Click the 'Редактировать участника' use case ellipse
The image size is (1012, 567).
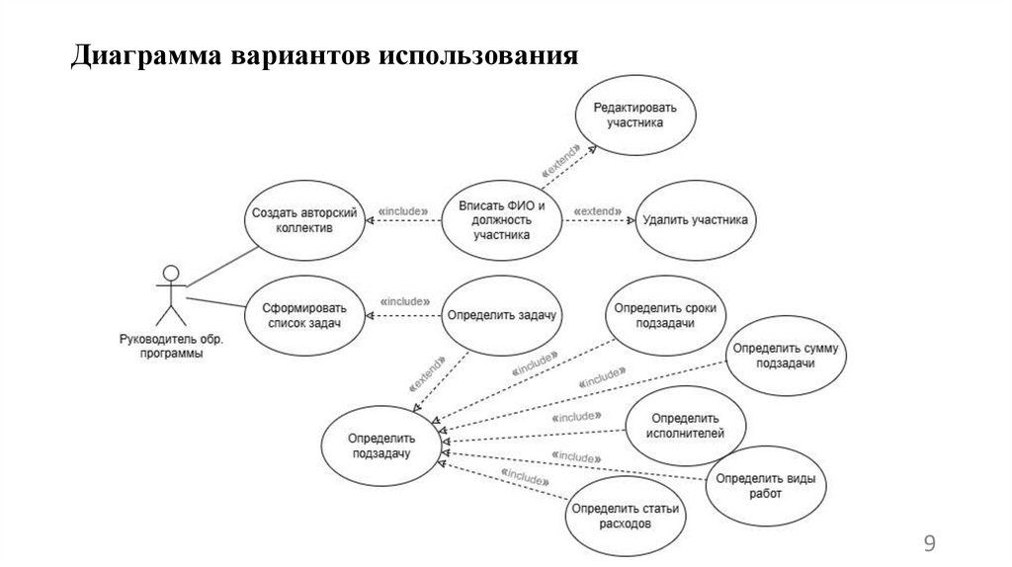click(635, 115)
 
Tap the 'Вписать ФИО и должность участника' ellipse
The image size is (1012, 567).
click(500, 220)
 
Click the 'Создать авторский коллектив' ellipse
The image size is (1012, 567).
click(304, 219)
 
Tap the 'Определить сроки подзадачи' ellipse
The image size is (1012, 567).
click(665, 316)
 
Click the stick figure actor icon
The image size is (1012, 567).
click(172, 293)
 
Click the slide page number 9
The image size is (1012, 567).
click(928, 542)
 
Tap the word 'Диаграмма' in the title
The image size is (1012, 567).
click(147, 55)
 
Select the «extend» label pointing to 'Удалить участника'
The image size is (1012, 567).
click(599, 211)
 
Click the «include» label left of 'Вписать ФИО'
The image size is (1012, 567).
click(403, 211)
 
